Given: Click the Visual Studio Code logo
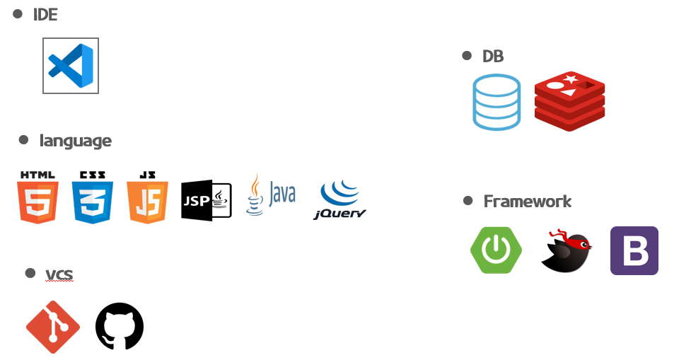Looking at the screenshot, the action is (x=71, y=66).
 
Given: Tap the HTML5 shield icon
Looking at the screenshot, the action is (x=38, y=197).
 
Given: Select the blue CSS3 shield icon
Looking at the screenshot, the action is (x=93, y=197).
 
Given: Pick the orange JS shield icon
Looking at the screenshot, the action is (x=147, y=197).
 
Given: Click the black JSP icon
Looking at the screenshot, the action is (x=207, y=200).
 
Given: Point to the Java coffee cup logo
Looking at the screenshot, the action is (x=271, y=194).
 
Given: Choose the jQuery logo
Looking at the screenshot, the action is (x=339, y=199).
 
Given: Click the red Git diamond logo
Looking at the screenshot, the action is (x=53, y=327).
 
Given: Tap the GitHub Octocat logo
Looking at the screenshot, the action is (x=120, y=327).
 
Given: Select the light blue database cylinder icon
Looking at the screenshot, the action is (x=497, y=103).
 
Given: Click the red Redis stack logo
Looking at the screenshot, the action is (x=569, y=101).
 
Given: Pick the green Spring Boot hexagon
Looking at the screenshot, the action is (x=497, y=250).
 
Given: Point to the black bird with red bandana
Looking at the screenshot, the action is (x=567, y=250).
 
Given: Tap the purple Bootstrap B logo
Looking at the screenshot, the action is (x=634, y=250).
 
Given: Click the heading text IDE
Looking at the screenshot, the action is (x=45, y=15).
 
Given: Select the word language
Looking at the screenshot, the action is (x=76, y=141).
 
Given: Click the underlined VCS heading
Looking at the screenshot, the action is (x=59, y=274).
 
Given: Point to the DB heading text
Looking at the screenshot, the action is (x=493, y=57).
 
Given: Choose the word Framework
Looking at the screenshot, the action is (x=528, y=202).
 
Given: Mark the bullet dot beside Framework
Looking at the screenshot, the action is (x=468, y=201).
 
